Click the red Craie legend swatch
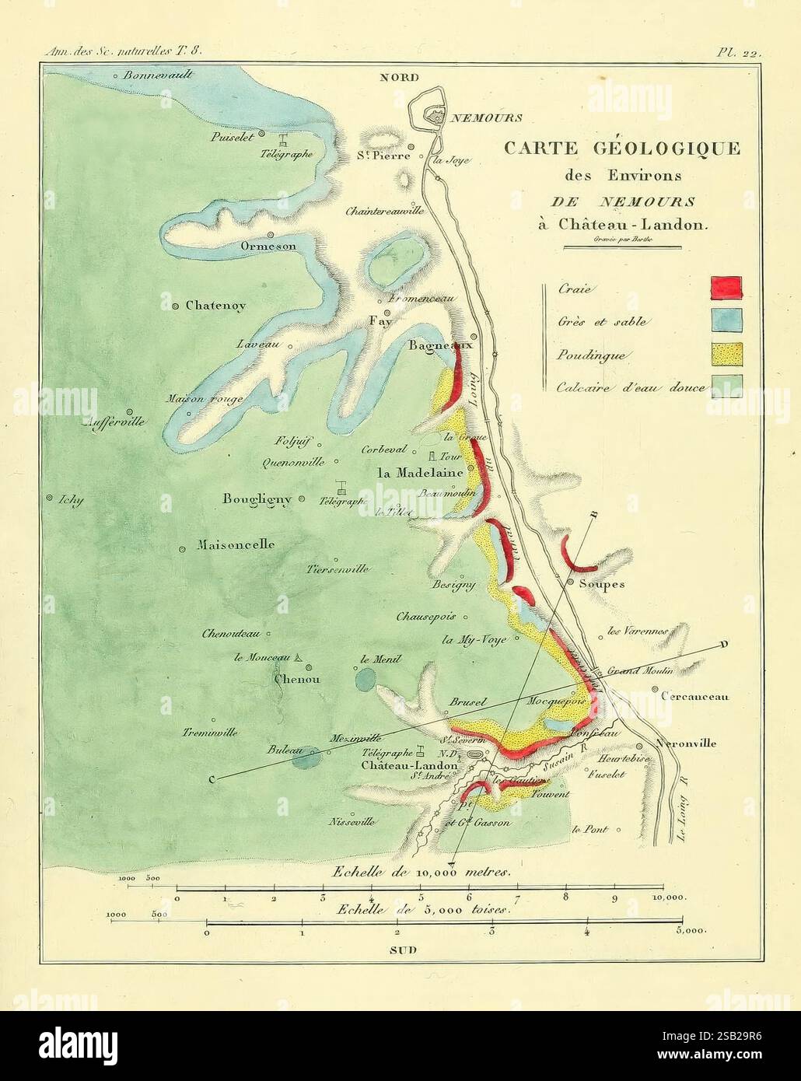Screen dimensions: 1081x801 click(726, 287)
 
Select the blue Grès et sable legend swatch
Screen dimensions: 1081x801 click(726, 320)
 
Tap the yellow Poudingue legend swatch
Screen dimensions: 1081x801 click(726, 353)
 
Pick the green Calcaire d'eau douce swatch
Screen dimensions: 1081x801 click(726, 386)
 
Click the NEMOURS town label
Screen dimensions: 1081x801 click(486, 118)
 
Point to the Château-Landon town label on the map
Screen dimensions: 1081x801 click(410, 765)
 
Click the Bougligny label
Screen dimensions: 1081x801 click(257, 499)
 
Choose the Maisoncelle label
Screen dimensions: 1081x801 click(236, 545)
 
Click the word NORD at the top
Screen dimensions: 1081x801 click(399, 77)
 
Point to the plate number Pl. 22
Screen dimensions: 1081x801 click(737, 53)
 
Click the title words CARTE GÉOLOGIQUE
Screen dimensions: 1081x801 click(622, 149)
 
